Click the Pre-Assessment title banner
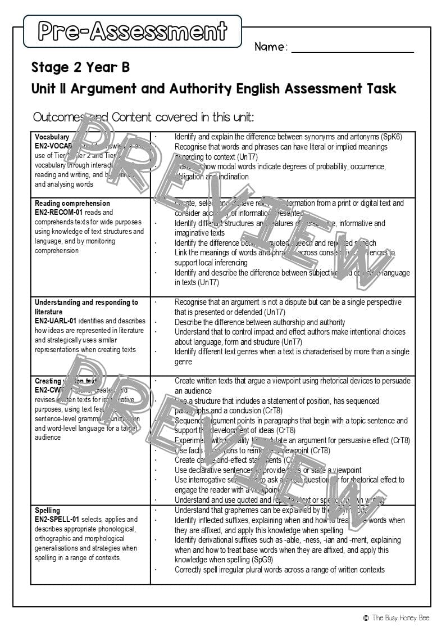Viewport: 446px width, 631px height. click(x=133, y=31)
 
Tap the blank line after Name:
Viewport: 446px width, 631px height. click(x=352, y=47)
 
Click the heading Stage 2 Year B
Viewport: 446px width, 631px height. click(x=80, y=67)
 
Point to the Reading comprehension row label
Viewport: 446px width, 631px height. click(x=72, y=203)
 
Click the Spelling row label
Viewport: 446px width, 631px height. click(x=47, y=510)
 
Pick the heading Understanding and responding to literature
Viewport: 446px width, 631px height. click(x=86, y=307)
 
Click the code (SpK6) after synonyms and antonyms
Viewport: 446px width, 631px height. click(x=391, y=137)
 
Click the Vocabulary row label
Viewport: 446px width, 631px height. click(x=52, y=137)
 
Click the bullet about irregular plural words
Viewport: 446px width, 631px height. click(x=279, y=570)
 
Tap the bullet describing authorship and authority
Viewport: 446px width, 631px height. click(x=260, y=322)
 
